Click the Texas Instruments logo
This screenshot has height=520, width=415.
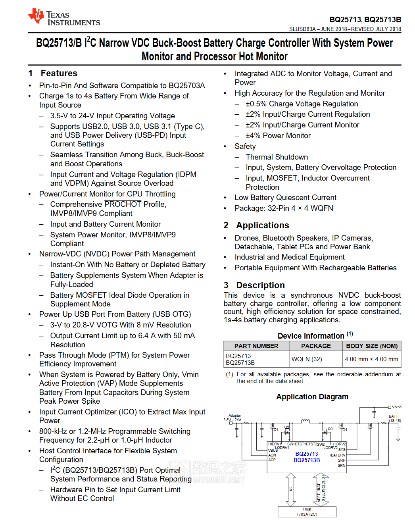click(63, 17)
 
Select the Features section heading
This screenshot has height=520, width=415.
click(59, 73)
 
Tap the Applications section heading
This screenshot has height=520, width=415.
click(262, 225)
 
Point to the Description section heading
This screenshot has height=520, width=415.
click(260, 285)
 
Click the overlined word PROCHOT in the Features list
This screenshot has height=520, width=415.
click(123, 204)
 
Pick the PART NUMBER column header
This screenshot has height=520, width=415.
click(256, 346)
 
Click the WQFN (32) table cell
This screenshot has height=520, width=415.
click(307, 359)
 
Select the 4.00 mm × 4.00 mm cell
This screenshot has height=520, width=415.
click(371, 359)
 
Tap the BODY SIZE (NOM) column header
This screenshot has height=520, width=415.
click(372, 346)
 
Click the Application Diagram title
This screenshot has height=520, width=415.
click(312, 397)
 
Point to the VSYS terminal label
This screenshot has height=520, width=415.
click(396, 407)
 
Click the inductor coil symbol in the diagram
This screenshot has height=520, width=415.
click(305, 421)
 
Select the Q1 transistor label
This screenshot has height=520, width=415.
click(276, 430)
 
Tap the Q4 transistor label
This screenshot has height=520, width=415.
click(344, 430)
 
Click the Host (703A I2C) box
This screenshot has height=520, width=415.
click(307, 512)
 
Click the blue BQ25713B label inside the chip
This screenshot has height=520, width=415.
click(307, 460)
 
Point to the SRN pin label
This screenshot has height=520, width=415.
click(341, 466)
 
